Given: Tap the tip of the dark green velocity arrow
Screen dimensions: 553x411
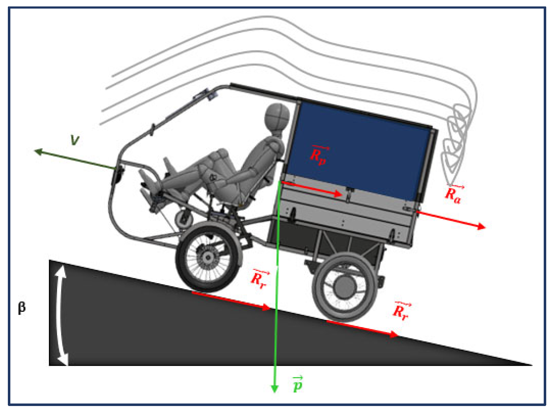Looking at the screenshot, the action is pyautogui.click(x=34, y=150).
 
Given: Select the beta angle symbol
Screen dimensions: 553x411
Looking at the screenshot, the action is pyautogui.click(x=22, y=308).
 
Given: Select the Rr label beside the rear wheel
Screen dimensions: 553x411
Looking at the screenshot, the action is pyautogui.click(x=401, y=311).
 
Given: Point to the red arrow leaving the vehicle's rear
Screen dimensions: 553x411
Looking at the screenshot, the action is pyautogui.click(x=451, y=220).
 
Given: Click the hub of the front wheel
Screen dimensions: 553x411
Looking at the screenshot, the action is pyautogui.click(x=207, y=259).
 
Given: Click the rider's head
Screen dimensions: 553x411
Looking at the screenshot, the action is pyautogui.click(x=277, y=116).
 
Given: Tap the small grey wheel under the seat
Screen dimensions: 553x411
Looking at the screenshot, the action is pyautogui.click(x=184, y=220).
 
